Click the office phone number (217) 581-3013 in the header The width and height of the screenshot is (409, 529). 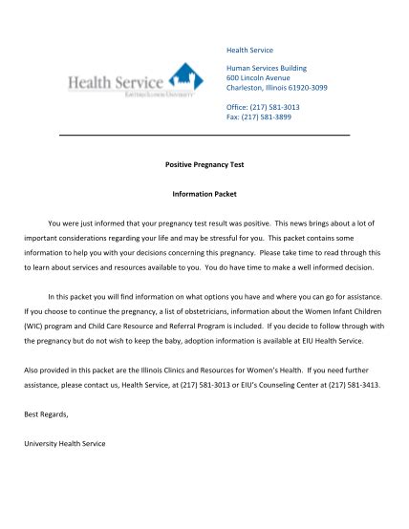click(281, 107)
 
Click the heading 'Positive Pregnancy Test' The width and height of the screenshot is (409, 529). click(204, 164)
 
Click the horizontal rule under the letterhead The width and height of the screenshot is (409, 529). click(204, 137)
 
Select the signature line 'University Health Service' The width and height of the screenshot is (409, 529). click(65, 443)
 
